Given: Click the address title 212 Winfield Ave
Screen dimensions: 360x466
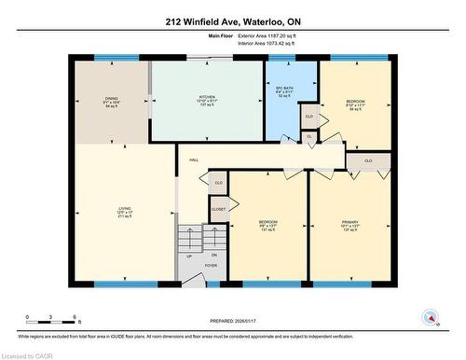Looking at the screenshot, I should click(x=232, y=21).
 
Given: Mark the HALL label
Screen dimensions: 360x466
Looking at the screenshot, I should click(x=194, y=160).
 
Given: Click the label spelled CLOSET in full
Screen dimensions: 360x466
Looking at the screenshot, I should click(x=217, y=210).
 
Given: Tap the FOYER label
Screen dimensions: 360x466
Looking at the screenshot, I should click(x=211, y=264).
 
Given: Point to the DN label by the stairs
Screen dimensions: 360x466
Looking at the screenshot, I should click(x=212, y=255).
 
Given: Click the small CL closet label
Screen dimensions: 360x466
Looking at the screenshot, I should click(x=309, y=136).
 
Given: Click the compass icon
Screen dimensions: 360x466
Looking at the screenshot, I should click(x=430, y=316).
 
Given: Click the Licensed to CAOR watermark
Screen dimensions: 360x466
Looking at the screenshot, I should click(x=29, y=354).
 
